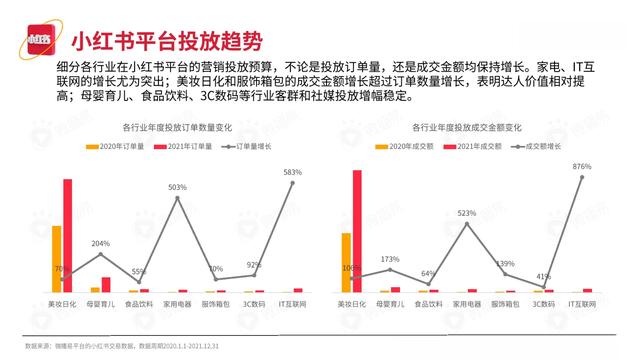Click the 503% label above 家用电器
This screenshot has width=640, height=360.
(x=177, y=187)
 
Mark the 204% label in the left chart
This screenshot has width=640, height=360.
(x=100, y=243)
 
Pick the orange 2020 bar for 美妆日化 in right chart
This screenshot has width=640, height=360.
(x=346, y=262)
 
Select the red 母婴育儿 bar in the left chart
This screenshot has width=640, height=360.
(x=106, y=284)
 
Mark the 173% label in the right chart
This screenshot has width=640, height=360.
(x=389, y=260)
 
